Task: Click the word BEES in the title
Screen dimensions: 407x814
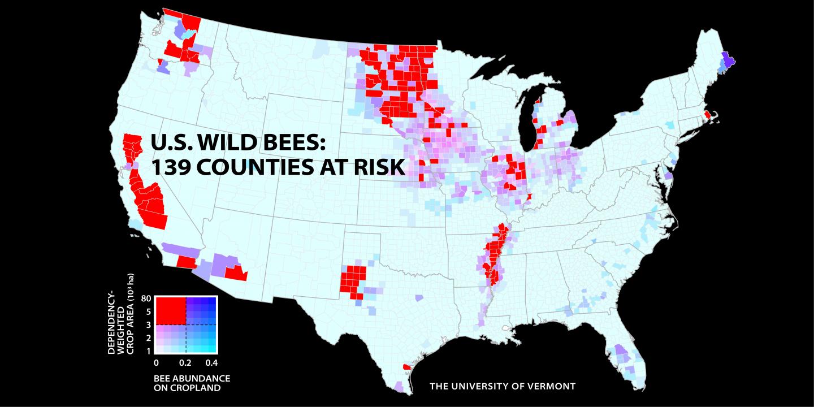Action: coord(293,142)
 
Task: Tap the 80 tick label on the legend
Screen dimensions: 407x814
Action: coord(145,298)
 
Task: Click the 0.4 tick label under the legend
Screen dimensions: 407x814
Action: coord(212,362)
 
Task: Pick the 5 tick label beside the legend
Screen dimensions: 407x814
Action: coord(148,311)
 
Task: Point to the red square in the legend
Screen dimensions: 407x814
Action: coord(171,310)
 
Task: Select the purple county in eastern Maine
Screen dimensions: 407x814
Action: coord(728,59)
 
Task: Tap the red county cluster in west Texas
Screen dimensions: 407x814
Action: coord(353,279)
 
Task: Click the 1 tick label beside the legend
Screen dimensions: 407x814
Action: coord(148,351)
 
